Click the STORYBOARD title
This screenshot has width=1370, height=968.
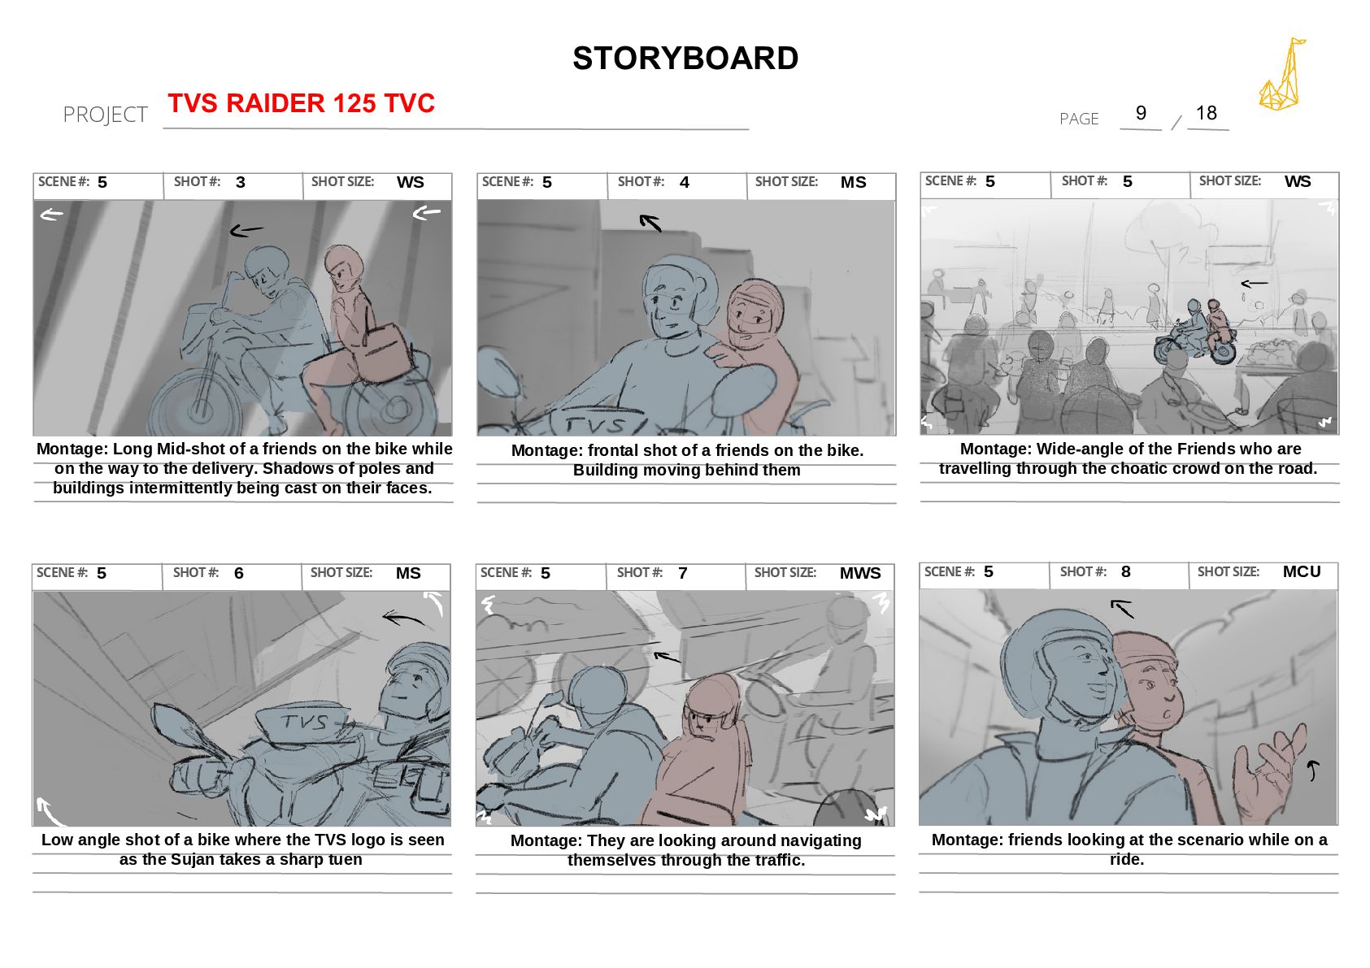click(x=685, y=59)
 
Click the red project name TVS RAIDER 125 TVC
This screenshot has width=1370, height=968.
click(x=301, y=102)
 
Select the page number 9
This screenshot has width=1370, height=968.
click(x=1141, y=113)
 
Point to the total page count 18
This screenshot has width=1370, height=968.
click(x=1206, y=113)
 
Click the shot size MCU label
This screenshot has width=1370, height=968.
click(x=1302, y=571)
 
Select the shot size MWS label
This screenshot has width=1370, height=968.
click(x=860, y=573)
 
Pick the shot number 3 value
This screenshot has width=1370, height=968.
click(x=241, y=182)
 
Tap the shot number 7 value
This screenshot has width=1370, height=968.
click(x=682, y=573)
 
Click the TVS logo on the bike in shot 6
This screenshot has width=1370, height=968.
click(x=305, y=723)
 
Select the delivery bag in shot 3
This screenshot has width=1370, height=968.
click(x=383, y=354)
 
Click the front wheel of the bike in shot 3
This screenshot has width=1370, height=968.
click(x=197, y=404)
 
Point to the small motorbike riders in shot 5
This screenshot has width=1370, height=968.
click(x=1196, y=332)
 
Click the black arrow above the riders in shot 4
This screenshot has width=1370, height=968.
click(x=650, y=223)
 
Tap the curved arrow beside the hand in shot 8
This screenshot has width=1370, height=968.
click(x=1312, y=770)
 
